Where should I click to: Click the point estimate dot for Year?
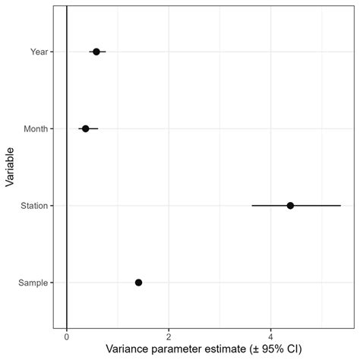96,52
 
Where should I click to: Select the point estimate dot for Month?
85,129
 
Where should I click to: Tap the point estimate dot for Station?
290,206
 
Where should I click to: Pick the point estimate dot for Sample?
138,283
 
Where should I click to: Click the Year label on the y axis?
39,52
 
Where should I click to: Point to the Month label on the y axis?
36,129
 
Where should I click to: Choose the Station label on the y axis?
35,206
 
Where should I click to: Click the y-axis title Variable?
11,167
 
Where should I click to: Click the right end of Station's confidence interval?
341,206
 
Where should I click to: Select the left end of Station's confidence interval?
252,206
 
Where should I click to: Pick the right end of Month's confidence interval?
98,129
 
